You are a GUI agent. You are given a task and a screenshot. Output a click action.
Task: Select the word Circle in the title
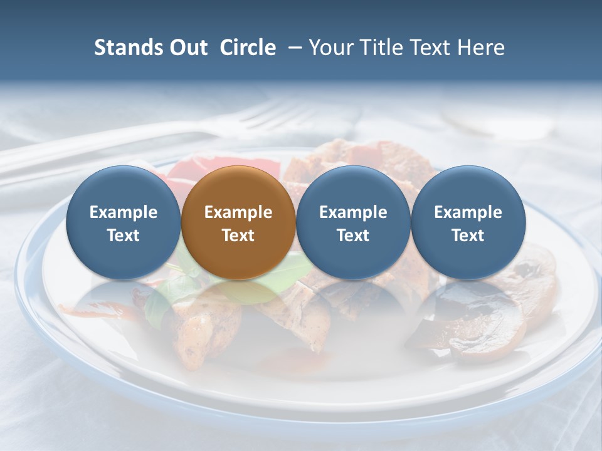248,48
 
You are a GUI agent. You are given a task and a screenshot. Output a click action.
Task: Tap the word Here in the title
482,48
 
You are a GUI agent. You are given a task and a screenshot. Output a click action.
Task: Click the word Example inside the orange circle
238,212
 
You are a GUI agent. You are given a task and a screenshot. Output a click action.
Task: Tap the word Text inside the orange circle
238,236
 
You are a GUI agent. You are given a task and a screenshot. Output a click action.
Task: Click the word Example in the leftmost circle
123,212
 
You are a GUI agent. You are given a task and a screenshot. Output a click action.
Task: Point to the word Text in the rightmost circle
468,236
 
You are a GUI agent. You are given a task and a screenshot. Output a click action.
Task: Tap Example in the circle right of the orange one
353,212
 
